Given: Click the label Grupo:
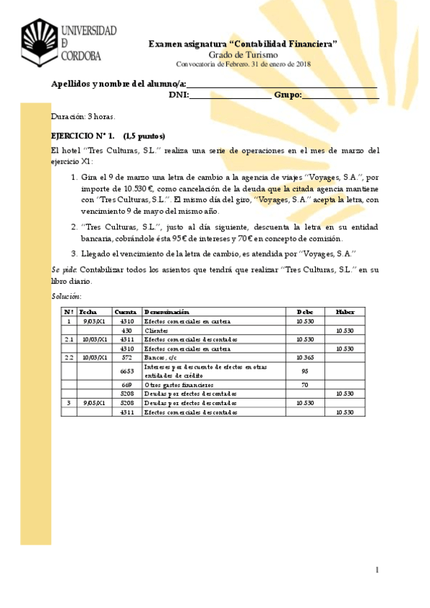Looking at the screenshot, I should [x=288, y=95].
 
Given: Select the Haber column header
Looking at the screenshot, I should [x=345, y=312].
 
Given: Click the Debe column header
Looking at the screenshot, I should [x=305, y=312].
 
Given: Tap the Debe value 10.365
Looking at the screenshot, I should [x=305, y=357].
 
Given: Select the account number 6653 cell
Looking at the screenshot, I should [x=126, y=371].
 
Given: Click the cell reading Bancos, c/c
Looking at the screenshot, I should [x=161, y=357].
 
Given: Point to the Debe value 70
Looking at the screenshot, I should [x=305, y=384].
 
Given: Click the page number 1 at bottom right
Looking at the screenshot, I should [x=377, y=569].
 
